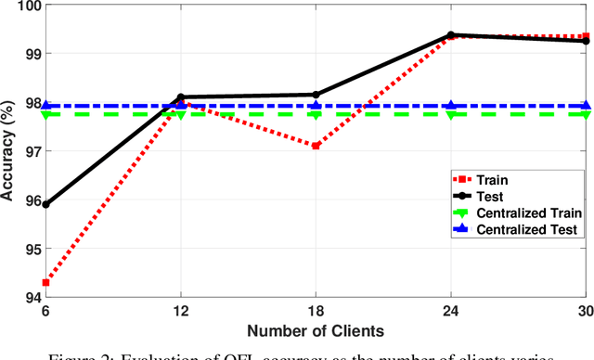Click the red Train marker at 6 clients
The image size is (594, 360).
pos(45,282)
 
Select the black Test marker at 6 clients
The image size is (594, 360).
pos(45,204)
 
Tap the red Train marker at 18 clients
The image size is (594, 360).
pos(316,146)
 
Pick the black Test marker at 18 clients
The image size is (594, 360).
pos(316,95)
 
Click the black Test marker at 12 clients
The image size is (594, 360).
pos(180,96)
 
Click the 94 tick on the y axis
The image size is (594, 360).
pos(31,297)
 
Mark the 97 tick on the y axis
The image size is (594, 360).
pos(31,151)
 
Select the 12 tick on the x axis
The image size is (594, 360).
pos(180,313)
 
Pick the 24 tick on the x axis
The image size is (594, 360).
pos(450,313)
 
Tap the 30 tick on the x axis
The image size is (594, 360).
pos(584,313)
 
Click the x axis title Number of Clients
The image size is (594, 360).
pos(316,329)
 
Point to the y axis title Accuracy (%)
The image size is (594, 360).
pos(9,151)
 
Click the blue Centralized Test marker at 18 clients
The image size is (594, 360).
pos(316,106)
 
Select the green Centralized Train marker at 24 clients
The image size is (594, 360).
pos(450,114)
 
